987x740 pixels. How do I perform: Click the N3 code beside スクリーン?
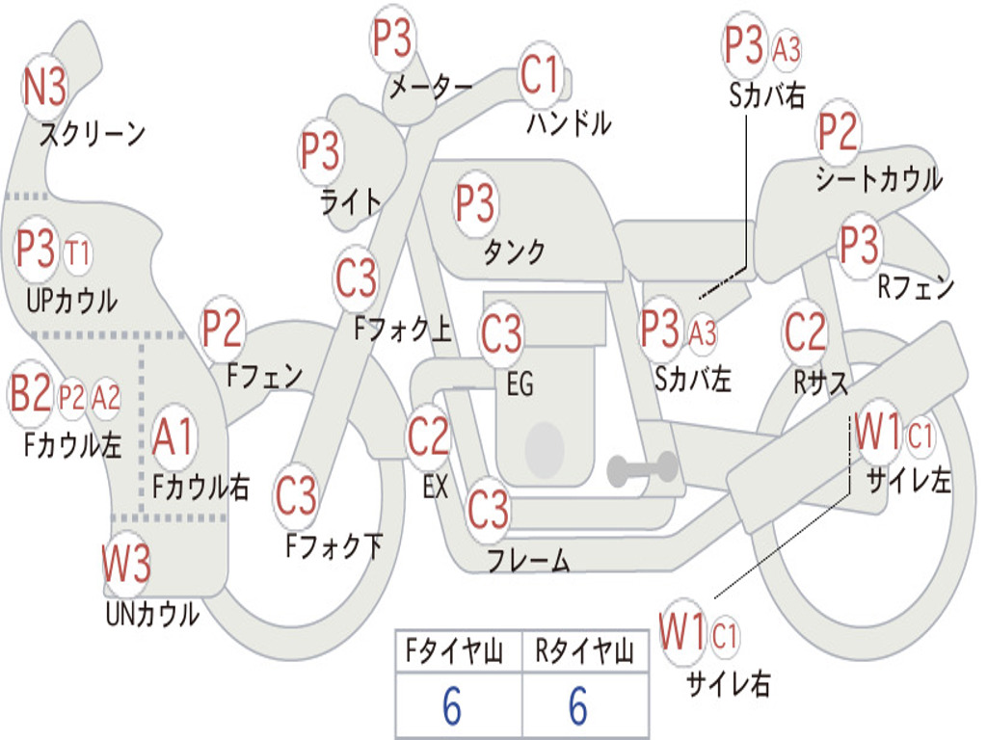click(44, 89)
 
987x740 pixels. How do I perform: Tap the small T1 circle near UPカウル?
click(78, 253)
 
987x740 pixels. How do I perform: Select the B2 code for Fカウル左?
click(31, 395)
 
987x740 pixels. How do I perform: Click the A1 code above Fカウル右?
click(173, 438)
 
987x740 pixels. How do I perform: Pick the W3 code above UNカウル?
click(126, 564)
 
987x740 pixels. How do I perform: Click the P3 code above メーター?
click(393, 41)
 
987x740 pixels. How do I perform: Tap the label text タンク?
click(514, 252)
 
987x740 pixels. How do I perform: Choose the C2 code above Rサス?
click(805, 332)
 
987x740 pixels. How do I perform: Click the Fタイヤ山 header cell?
click(457, 652)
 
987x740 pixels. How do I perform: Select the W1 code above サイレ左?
click(877, 433)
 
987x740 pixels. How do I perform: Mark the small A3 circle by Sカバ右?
click(787, 49)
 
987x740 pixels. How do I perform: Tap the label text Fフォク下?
click(333, 546)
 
